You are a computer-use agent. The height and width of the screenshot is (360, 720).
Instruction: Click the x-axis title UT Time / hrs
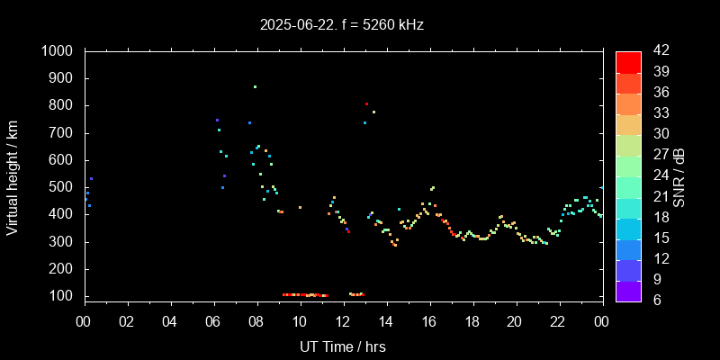point(343,346)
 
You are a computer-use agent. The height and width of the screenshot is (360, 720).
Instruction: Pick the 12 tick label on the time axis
point(343,321)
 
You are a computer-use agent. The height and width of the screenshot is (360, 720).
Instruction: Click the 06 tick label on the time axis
point(213,321)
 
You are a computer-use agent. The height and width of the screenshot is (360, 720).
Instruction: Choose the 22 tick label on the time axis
point(558,321)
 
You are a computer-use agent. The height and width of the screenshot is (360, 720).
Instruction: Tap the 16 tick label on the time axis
point(429,321)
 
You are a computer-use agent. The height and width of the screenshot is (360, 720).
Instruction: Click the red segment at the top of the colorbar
point(628,61)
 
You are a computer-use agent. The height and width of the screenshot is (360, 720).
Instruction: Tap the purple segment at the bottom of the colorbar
point(628,290)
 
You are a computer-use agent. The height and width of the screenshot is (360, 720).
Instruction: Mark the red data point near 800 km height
point(366,104)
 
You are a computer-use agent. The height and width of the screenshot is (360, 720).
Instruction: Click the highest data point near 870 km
point(255,86)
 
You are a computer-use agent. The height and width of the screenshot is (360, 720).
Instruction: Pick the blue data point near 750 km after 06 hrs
point(217,120)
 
